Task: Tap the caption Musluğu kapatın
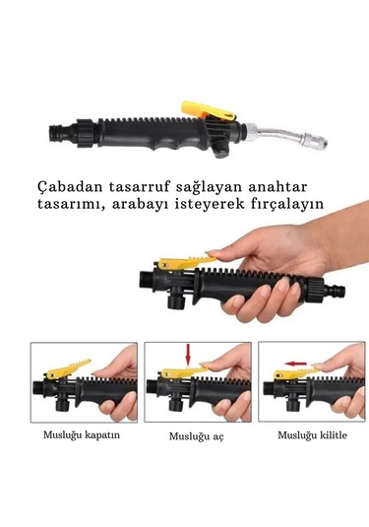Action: [81, 434]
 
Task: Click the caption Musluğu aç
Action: [196, 435]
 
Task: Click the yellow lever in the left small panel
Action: [69, 368]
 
